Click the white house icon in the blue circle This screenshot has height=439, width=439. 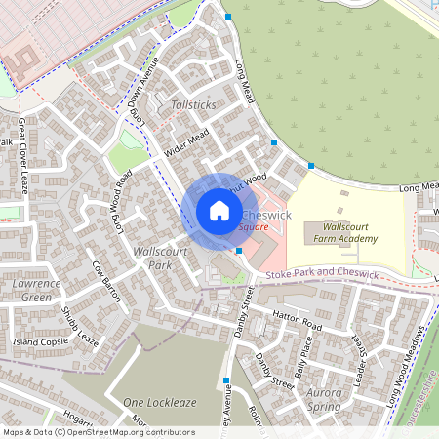(x=219, y=211)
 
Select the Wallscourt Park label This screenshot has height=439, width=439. (x=152, y=258)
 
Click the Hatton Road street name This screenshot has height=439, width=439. (x=297, y=322)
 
